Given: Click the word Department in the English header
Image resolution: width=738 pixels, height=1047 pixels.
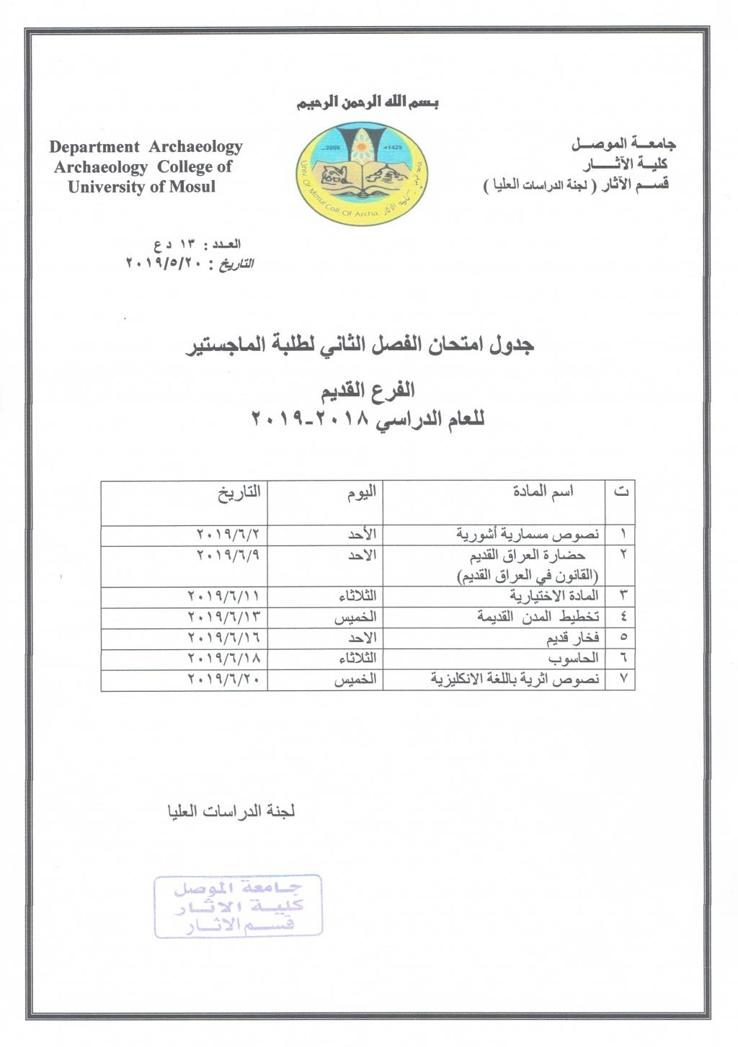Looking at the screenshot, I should click(x=94, y=147).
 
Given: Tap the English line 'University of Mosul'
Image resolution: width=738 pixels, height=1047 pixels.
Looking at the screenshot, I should click(x=142, y=187).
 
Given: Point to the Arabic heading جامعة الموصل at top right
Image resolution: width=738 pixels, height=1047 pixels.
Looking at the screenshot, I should click(x=623, y=144).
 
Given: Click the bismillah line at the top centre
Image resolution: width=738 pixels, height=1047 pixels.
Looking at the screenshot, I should click(x=368, y=102).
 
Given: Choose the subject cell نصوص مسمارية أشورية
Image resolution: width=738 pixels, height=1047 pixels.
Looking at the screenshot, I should click(x=528, y=535).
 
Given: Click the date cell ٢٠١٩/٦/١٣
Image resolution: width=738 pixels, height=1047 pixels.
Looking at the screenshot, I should click(x=223, y=618).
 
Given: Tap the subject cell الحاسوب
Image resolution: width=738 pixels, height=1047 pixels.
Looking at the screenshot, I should click(x=574, y=659).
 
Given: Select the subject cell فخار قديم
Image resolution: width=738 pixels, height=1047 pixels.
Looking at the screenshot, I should click(x=572, y=638).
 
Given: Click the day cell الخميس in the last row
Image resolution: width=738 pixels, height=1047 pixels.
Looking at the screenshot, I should click(x=355, y=680).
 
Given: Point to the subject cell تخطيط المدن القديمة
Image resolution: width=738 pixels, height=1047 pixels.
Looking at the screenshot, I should click(x=538, y=618).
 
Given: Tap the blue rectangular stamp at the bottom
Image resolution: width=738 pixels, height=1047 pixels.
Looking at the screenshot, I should click(x=239, y=906).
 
